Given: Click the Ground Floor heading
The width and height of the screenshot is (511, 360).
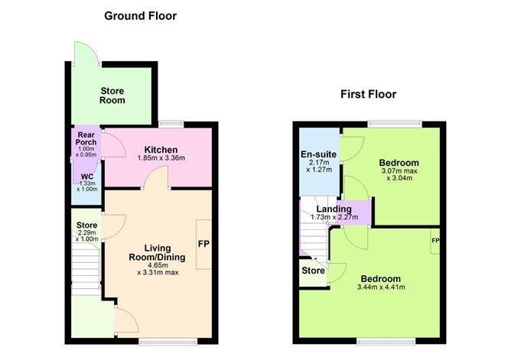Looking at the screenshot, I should [x=140, y=15].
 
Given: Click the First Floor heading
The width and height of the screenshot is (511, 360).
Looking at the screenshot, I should [x=369, y=95].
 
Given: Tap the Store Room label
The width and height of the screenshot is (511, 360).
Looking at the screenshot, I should [x=112, y=96].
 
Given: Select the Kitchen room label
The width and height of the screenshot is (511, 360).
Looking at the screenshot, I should [x=161, y=149].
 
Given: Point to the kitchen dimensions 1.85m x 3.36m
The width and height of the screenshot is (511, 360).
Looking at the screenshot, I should [x=161, y=158].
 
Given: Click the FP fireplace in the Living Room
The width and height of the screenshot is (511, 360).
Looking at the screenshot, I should [x=203, y=244].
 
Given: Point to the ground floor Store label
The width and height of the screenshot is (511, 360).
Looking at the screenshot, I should [x=86, y=225].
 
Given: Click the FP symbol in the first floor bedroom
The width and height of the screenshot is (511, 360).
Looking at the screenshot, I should [x=435, y=241].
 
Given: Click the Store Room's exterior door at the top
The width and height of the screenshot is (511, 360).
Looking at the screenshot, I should [x=85, y=52].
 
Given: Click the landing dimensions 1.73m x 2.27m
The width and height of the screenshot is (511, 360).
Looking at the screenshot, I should [x=334, y=218].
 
